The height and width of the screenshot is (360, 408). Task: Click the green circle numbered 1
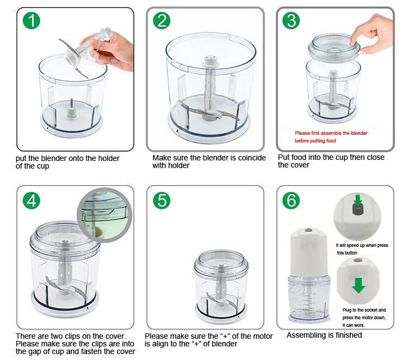click(x=31, y=21)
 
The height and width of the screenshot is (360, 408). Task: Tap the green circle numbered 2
click(x=162, y=21)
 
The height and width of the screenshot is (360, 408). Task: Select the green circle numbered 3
click(x=291, y=21)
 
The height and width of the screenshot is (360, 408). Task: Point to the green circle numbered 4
click(x=31, y=201)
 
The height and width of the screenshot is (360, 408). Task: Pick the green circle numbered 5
click(x=162, y=201)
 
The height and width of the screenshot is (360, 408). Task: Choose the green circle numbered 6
click(x=291, y=201)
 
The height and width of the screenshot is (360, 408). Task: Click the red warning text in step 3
click(x=331, y=137)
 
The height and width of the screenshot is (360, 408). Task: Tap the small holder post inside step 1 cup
click(x=71, y=108)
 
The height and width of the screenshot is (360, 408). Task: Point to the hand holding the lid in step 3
click(x=373, y=33)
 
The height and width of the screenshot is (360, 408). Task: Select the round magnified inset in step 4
click(x=104, y=215)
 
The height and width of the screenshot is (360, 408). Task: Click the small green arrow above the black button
click(x=358, y=200)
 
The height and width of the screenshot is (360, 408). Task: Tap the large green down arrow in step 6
click(x=358, y=285)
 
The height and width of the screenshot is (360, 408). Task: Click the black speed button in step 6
click(x=357, y=209)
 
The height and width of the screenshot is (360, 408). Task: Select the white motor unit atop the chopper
click(x=309, y=252)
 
